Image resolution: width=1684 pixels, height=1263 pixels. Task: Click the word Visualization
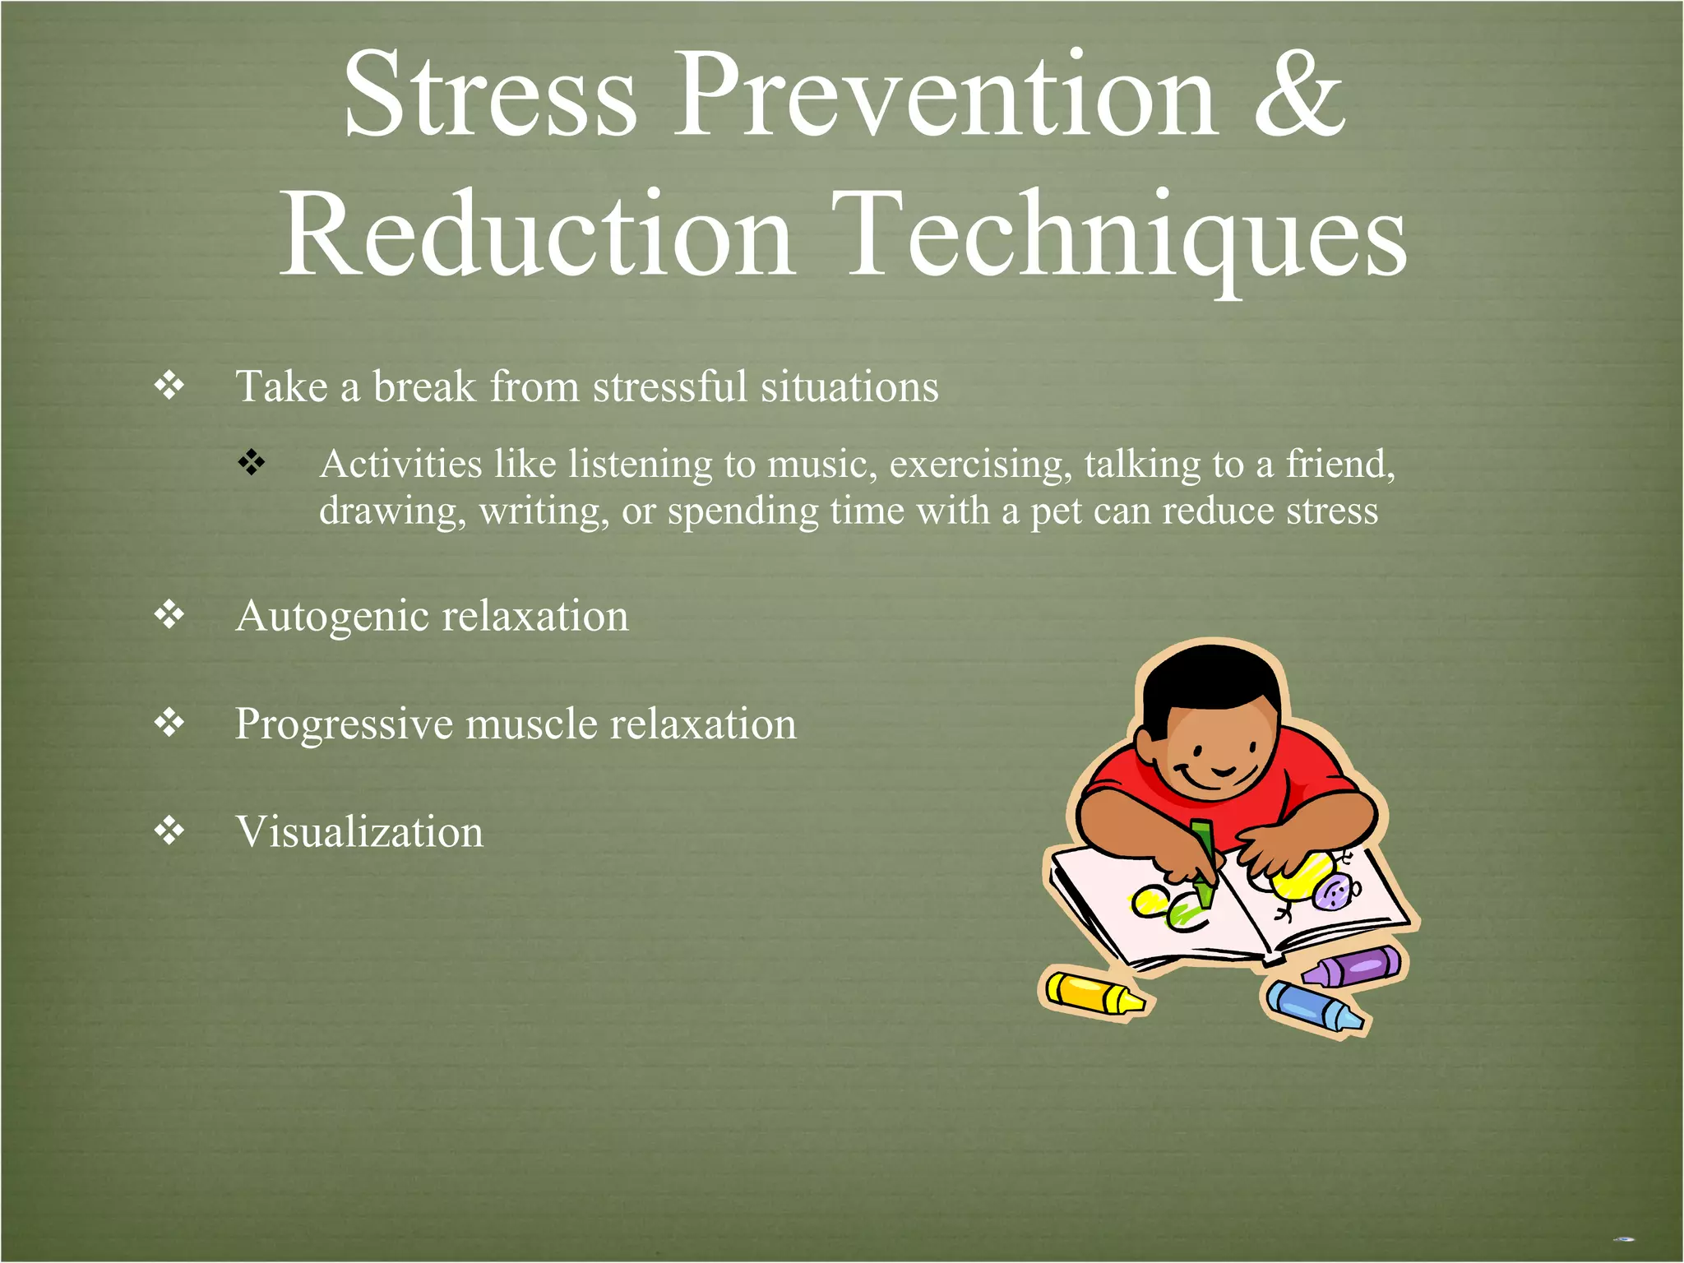(x=359, y=832)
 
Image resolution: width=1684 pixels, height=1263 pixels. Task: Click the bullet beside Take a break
(x=169, y=386)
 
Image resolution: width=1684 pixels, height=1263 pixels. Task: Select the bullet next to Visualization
(x=169, y=831)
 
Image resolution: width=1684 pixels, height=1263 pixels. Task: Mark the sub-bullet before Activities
(x=252, y=462)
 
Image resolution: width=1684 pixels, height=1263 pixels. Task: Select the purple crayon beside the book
(x=1352, y=966)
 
